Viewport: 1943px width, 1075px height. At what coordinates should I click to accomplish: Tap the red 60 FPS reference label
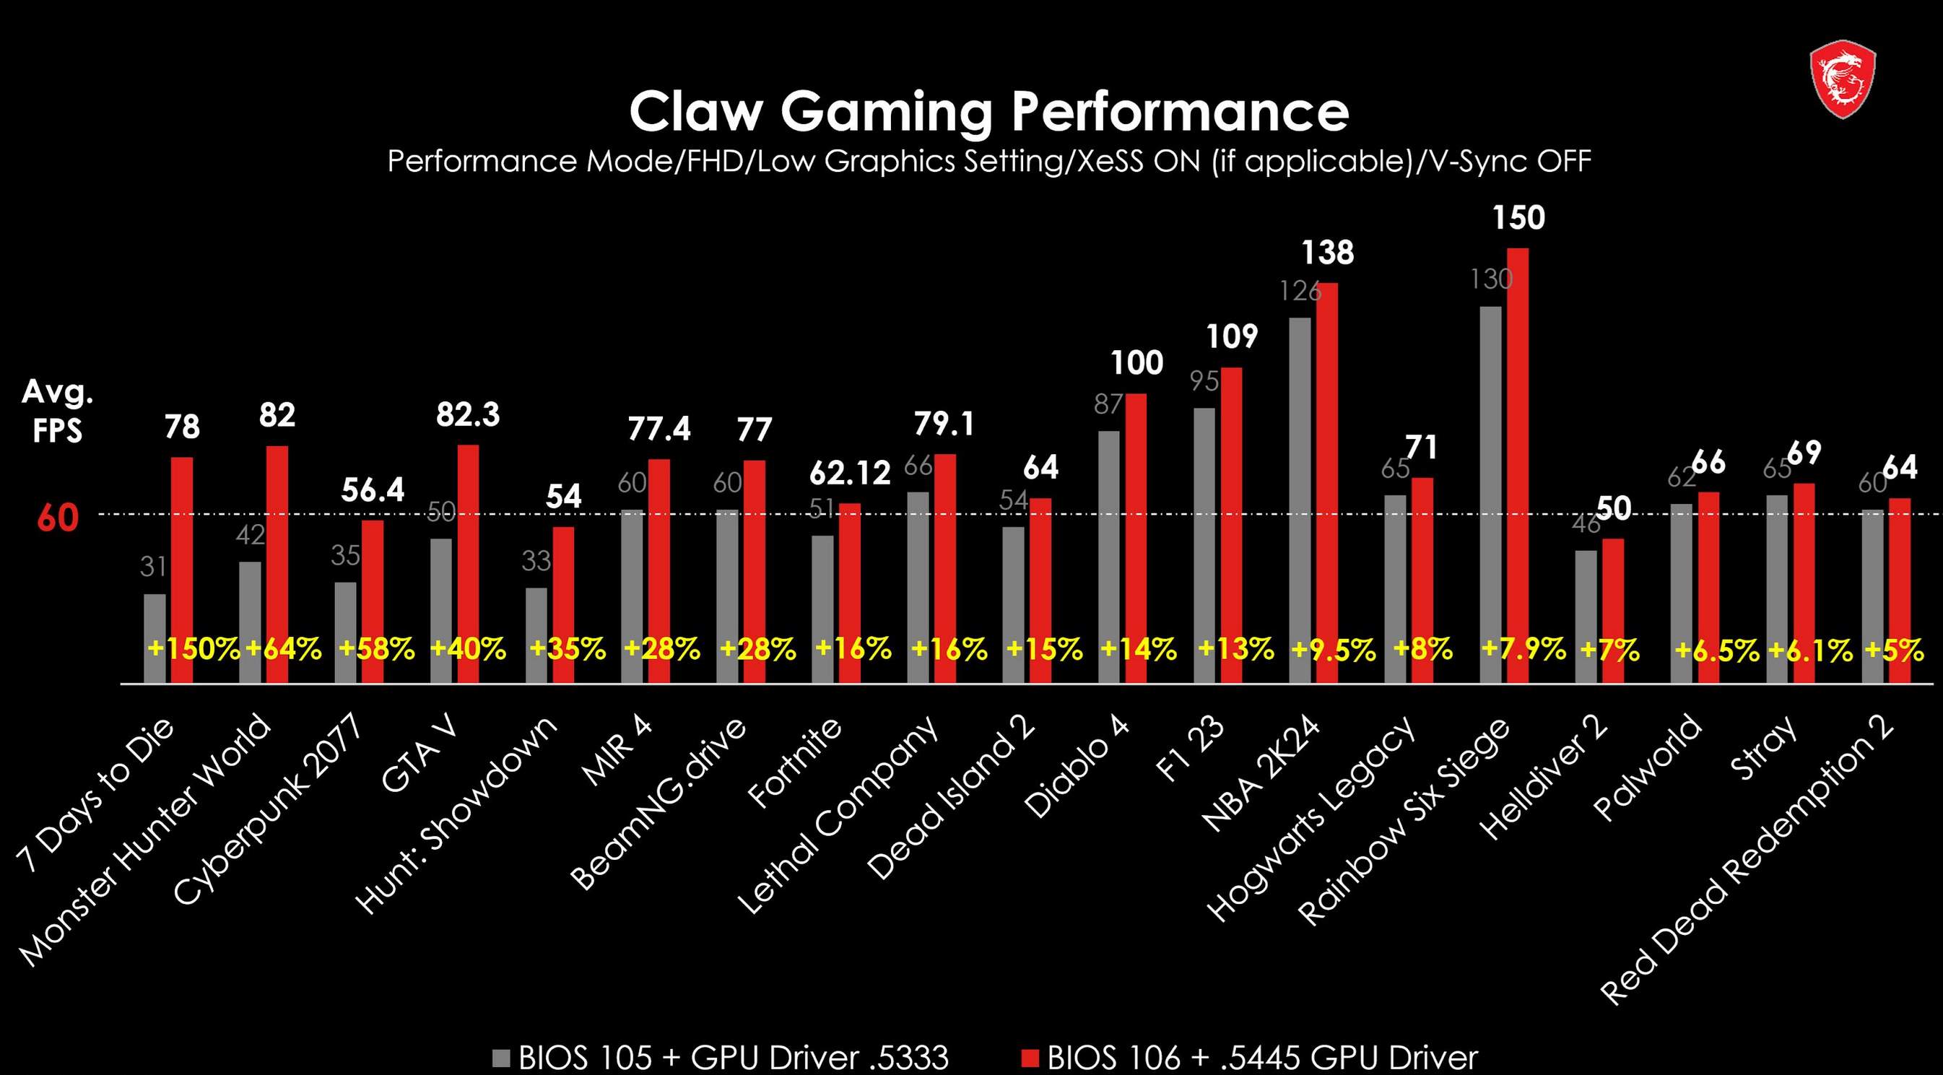click(x=57, y=518)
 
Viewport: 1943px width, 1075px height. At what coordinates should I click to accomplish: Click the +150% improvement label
click(x=194, y=649)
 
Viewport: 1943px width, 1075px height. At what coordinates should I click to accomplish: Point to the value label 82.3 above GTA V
click(x=468, y=415)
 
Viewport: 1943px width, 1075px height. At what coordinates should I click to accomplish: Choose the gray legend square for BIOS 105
click(x=501, y=1058)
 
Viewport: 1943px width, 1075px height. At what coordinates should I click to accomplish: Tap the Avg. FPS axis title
click(x=57, y=411)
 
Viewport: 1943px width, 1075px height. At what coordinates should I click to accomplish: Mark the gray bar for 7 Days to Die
click(x=155, y=637)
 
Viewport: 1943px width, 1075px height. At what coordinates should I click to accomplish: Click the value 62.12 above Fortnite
click(x=850, y=474)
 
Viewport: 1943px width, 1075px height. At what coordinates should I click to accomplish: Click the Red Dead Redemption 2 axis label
click(x=1747, y=860)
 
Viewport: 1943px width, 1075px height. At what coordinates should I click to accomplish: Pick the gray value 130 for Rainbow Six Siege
click(x=1490, y=280)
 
